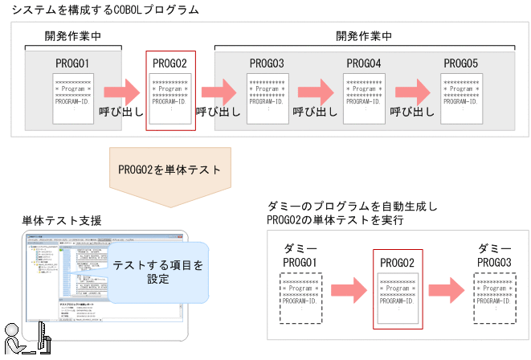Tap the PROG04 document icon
click(x=364, y=98)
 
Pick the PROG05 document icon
click(x=461, y=98)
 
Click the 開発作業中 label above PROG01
click(x=73, y=36)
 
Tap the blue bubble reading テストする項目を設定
click(x=157, y=272)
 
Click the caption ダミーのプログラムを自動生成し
click(x=353, y=206)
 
